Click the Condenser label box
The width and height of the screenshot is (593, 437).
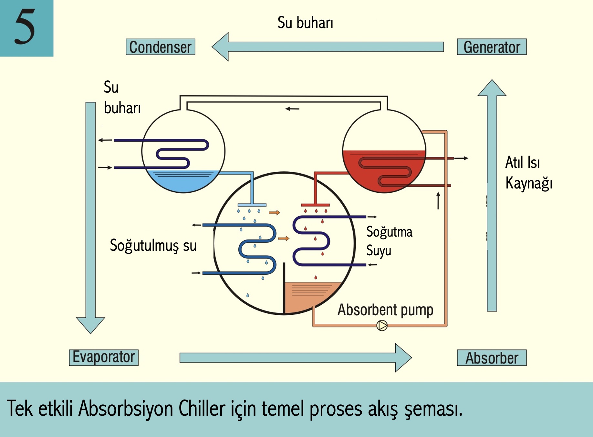click(161, 47)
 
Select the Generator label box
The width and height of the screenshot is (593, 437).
click(492, 47)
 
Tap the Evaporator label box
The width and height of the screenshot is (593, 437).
click(104, 358)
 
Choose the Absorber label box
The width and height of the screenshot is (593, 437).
click(492, 358)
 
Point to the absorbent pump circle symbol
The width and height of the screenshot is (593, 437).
click(382, 325)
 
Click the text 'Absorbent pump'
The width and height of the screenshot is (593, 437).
click(385, 310)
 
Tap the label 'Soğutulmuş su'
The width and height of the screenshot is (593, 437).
click(153, 245)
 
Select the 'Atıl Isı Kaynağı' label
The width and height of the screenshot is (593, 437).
click(528, 173)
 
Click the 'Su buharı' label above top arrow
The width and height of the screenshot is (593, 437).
click(305, 23)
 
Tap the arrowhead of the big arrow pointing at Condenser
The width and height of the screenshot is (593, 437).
click(221, 47)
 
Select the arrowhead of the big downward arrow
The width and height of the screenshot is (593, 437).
click(90, 324)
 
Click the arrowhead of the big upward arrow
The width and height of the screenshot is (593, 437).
click(492, 88)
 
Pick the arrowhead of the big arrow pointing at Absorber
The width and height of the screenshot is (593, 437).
click(403, 358)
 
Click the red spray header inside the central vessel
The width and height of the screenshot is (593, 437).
click(315, 205)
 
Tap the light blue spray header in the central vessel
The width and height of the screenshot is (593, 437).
click(252, 205)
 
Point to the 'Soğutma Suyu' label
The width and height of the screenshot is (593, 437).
click(389, 241)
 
